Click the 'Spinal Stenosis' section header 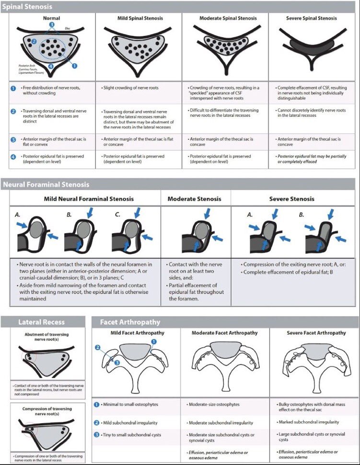(x=27, y=7)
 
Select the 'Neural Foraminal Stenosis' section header (x=46, y=184)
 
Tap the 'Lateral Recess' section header (x=41, y=322)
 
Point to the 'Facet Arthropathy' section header (x=129, y=322)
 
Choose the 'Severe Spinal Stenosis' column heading (x=312, y=18)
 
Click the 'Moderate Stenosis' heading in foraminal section (x=194, y=199)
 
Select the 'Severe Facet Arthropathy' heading (x=316, y=332)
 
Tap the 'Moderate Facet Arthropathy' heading (x=224, y=332)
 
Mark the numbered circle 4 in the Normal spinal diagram (x=51, y=66)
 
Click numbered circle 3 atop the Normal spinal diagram (x=52, y=23)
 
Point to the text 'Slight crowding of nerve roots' (x=132, y=88)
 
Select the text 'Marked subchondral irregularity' (x=309, y=422)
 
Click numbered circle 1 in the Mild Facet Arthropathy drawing (x=154, y=341)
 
